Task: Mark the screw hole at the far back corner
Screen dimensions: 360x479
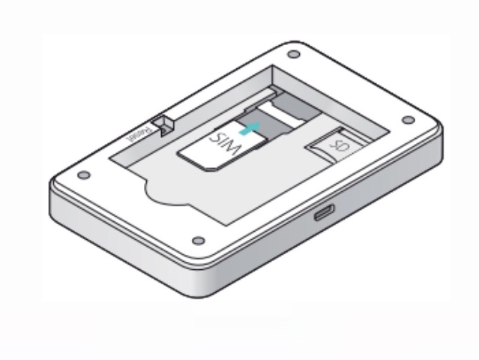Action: pyautogui.click(x=292, y=54)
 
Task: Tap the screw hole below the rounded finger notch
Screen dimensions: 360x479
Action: pyautogui.click(x=199, y=241)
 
